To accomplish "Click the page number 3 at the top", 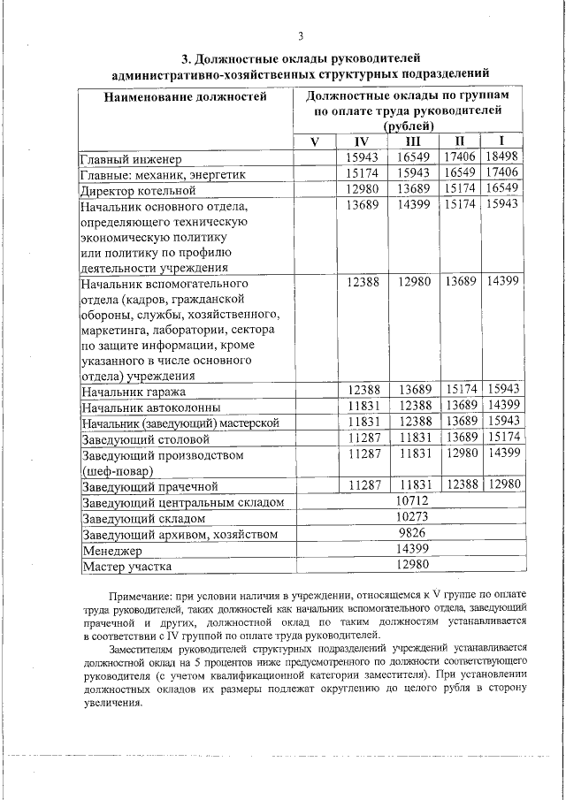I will click(x=301, y=36).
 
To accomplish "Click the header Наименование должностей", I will click(x=186, y=96).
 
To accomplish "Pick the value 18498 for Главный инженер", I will click(x=501, y=158).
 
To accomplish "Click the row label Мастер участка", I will click(x=126, y=567).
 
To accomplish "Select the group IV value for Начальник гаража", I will click(x=363, y=391).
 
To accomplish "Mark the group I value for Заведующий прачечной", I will click(x=501, y=485).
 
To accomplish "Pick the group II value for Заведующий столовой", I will click(x=461, y=438).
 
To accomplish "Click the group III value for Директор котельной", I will click(x=413, y=190).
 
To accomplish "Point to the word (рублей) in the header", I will click(x=412, y=126).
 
